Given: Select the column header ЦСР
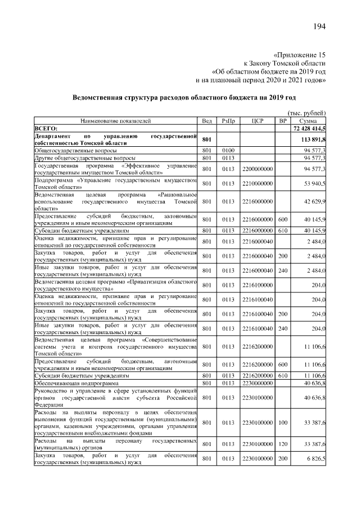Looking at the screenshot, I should tap(258, 121).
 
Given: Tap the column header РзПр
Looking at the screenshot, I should tap(228, 121).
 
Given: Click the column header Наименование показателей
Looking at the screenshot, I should tap(115, 121).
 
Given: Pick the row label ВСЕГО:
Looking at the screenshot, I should tap(50, 129).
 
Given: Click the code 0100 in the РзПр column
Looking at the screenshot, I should tap(228, 151).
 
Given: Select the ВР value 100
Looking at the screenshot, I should tap(283, 422).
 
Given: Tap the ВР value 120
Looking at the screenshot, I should tap(283, 444).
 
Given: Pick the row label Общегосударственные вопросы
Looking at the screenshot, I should tap(76, 151).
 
